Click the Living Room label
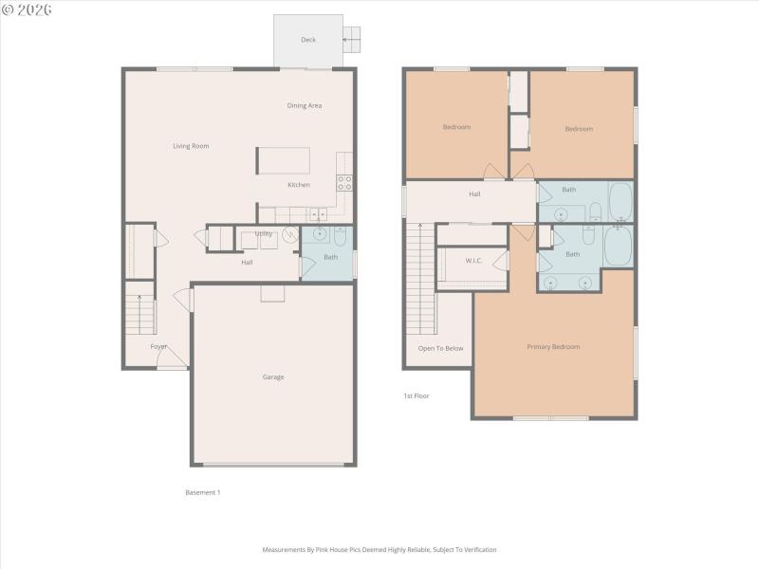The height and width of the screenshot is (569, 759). [191, 146]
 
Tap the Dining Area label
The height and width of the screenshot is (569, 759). [305, 105]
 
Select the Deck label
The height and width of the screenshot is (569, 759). [308, 40]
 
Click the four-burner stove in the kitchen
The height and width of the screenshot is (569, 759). [344, 182]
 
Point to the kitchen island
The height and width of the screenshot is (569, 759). [283, 160]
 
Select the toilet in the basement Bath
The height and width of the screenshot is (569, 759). [340, 235]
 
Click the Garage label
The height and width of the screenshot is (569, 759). [273, 377]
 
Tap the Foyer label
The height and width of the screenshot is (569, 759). [158, 346]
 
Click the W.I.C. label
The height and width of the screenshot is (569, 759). [474, 261]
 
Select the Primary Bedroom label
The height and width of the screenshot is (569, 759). [553, 347]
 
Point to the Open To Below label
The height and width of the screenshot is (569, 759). [441, 348]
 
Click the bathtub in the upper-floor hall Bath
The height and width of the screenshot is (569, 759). [620, 202]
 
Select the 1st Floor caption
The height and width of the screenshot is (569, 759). [417, 395]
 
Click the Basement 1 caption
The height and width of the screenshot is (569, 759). [202, 492]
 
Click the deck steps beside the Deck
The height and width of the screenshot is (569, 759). [352, 38]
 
